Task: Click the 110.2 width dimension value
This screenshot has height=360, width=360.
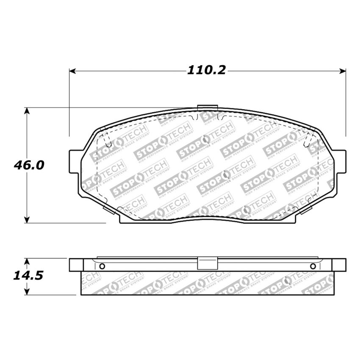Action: tap(207, 71)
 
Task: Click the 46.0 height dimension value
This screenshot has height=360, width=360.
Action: tap(29, 165)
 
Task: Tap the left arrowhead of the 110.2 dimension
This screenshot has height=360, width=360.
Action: tap(72, 71)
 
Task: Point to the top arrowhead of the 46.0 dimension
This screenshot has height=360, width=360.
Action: tap(27, 111)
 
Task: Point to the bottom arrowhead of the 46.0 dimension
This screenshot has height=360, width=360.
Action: tap(27, 219)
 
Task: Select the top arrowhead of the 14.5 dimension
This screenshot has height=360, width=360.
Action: tap(27, 261)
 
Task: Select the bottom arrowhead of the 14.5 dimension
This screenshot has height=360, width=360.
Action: tap(27, 292)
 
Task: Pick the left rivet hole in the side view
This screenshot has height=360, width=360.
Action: tap(102, 266)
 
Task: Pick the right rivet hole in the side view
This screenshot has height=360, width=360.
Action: tap(313, 266)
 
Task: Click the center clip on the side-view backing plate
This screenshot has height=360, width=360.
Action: tap(208, 263)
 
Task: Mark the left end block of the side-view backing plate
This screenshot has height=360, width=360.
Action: tap(75, 264)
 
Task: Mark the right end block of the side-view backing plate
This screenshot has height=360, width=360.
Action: tap(339, 264)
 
